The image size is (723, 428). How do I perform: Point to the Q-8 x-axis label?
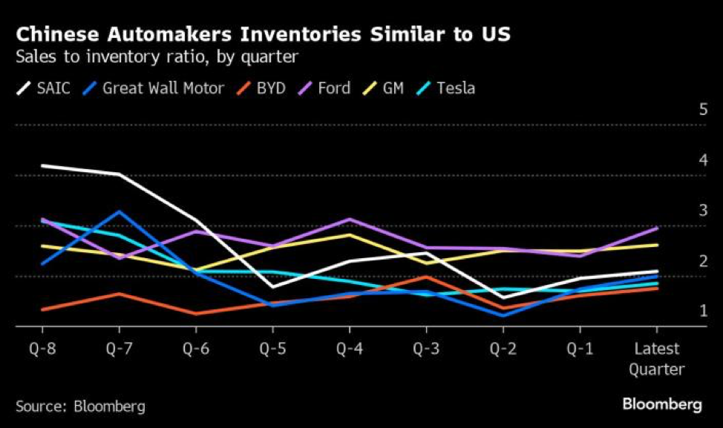pyautogui.click(x=42, y=349)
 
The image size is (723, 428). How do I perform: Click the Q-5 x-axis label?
pyautogui.click(x=272, y=349)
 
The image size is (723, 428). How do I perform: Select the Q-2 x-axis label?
pyautogui.click(x=503, y=349)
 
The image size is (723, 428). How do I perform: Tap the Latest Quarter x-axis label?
pyautogui.click(x=657, y=358)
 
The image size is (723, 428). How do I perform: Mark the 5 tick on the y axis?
pyautogui.click(x=703, y=110)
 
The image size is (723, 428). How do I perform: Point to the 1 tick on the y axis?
pyautogui.click(x=703, y=311)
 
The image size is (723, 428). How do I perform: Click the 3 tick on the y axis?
pyautogui.click(x=703, y=211)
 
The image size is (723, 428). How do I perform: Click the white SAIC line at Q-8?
pyautogui.click(x=42, y=165)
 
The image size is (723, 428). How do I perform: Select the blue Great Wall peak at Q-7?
pyautogui.click(x=119, y=212)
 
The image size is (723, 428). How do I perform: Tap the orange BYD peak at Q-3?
pyautogui.click(x=426, y=277)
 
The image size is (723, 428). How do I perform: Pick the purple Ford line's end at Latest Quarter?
pyautogui.click(x=657, y=228)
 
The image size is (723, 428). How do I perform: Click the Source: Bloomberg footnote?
pyautogui.click(x=80, y=406)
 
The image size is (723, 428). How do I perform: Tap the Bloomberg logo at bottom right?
pyautogui.click(x=661, y=404)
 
